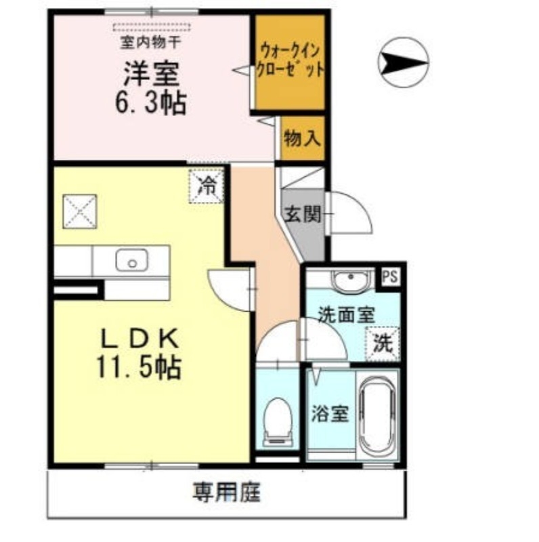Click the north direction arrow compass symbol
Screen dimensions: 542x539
pyautogui.click(x=402, y=62)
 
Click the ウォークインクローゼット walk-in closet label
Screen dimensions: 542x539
pyautogui.click(x=289, y=62)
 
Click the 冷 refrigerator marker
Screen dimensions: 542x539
pyautogui.click(x=206, y=185)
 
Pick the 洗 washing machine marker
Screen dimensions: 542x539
pyautogui.click(x=383, y=343)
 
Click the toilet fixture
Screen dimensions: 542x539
pyautogui.click(x=277, y=421)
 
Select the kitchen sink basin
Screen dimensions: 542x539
pyautogui.click(x=131, y=260)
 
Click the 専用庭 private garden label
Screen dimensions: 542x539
pyautogui.click(x=226, y=492)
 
